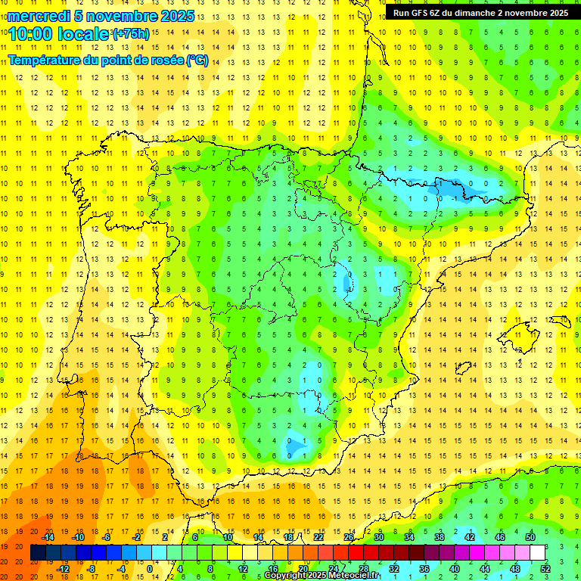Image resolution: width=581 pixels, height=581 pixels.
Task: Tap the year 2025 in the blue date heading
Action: coord(177,15)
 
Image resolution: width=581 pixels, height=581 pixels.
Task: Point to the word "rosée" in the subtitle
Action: coord(166,61)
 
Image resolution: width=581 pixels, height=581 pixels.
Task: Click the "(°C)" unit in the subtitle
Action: coord(197,61)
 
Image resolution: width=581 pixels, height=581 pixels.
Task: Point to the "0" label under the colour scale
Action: coord(151,569)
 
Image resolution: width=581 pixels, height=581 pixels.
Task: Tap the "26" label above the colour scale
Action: coord(349,537)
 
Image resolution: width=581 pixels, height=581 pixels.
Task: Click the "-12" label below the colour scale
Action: coord(63,569)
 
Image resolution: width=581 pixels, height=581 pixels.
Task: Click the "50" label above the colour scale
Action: coord(530,537)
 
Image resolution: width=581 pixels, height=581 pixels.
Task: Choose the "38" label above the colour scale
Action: coord(440,537)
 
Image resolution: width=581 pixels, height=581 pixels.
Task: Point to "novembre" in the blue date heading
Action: coord(123,15)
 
